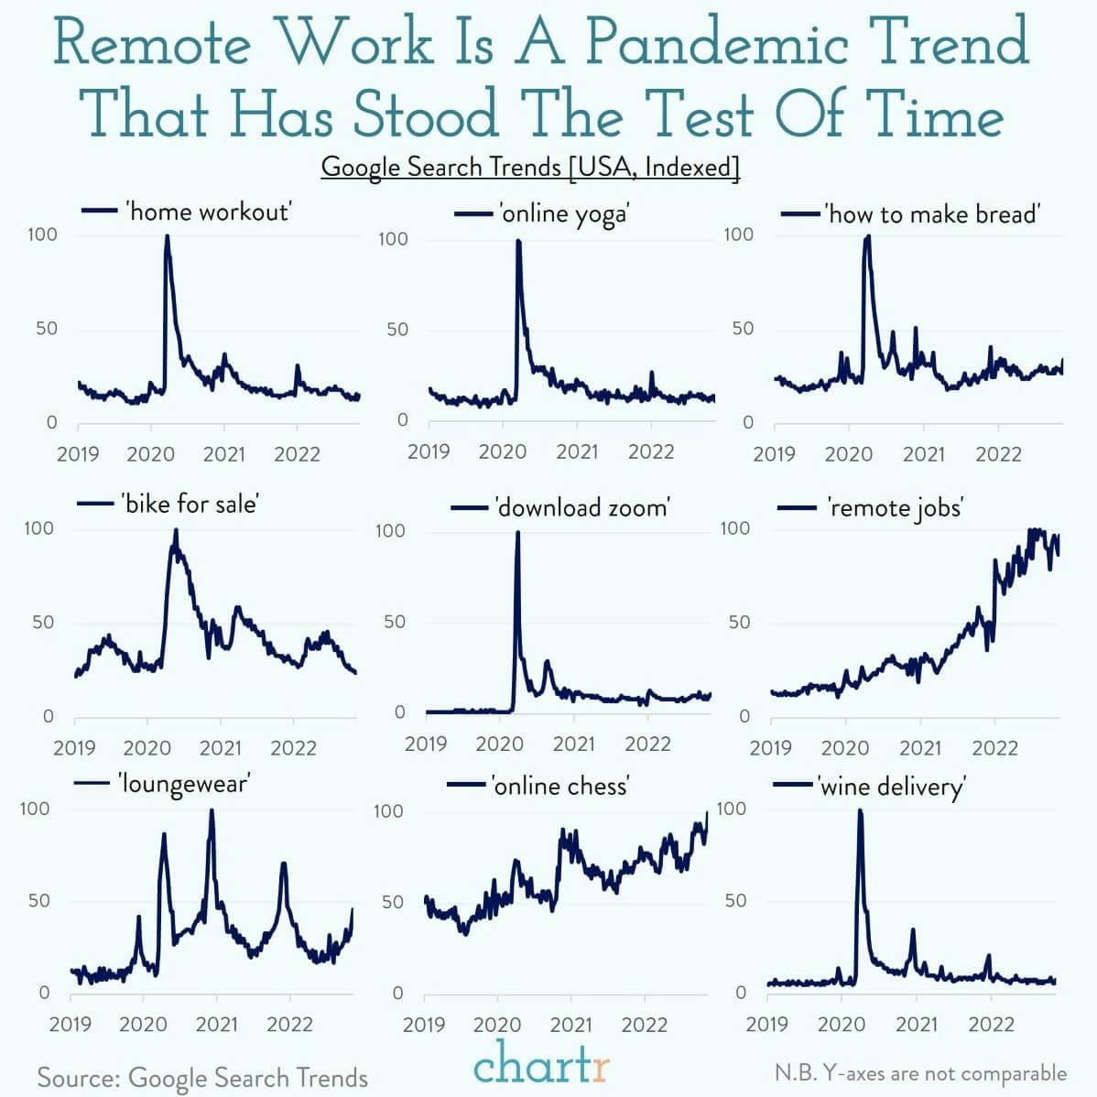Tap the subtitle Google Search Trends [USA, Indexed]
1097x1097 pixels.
(530, 167)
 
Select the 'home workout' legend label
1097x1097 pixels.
(209, 212)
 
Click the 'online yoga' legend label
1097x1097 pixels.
(563, 214)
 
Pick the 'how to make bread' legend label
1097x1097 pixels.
(932, 214)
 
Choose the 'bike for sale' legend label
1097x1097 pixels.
(190, 504)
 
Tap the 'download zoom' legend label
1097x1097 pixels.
(582, 507)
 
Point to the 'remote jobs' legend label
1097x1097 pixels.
(895, 507)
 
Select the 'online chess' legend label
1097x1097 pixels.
(560, 786)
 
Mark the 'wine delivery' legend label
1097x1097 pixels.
(891, 787)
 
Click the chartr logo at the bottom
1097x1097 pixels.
(541, 1065)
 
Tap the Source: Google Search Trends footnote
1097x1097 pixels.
(202, 1078)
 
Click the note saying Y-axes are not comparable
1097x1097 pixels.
(920, 1073)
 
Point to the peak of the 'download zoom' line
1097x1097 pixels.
(517, 533)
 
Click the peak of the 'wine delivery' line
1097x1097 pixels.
(860, 811)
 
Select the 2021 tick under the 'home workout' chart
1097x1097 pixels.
(223, 453)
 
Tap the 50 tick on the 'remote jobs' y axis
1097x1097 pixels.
(737, 623)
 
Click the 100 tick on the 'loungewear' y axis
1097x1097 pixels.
(35, 809)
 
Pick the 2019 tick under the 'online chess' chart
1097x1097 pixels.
(424, 1024)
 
